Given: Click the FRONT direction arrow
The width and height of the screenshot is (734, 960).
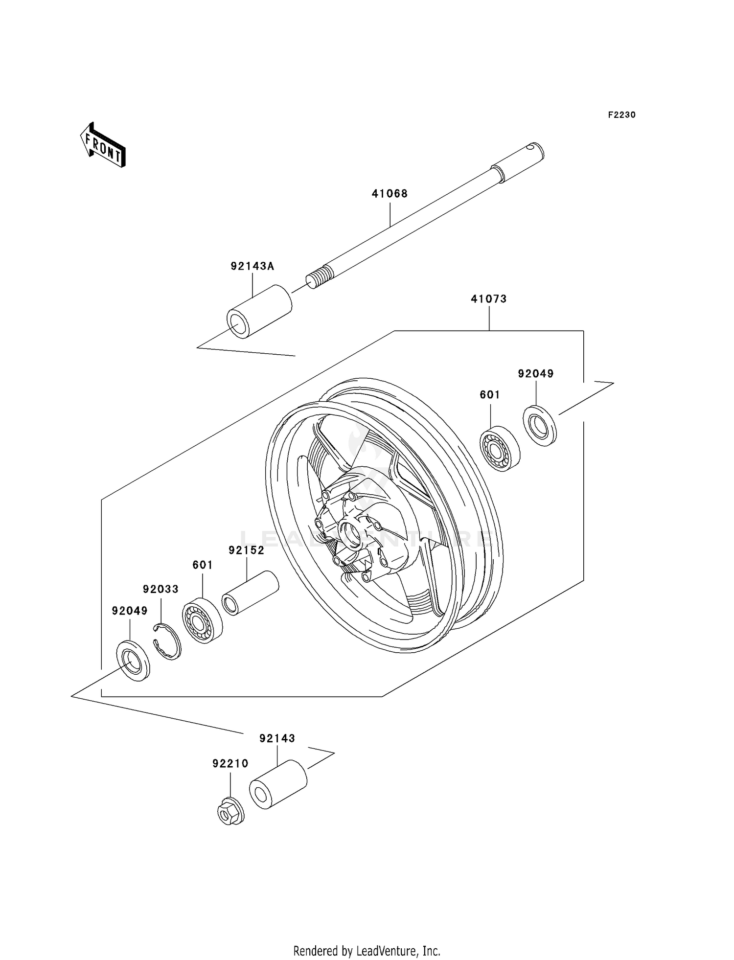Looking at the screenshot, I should coord(103,145).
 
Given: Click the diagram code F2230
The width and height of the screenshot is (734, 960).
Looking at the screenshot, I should coord(621,115).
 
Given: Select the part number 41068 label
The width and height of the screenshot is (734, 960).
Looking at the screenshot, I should coord(390,194).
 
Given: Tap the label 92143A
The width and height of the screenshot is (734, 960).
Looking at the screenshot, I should coord(252,266).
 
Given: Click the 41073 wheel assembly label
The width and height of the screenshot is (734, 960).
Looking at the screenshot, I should coord(488,299).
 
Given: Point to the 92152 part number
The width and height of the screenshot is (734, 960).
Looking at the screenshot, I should coord(246,550).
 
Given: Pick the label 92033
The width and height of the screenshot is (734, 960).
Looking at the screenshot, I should coord(161,589).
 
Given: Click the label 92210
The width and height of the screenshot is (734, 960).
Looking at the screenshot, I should coord(230,764).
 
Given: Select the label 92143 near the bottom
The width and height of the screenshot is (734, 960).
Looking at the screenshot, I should coord(277,738).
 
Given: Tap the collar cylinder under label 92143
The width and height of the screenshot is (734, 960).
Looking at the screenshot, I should coord(278,784).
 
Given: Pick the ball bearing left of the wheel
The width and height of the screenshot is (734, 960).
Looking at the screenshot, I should coord(202,620).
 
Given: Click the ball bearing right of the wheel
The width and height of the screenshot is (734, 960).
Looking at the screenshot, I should coord(499,449).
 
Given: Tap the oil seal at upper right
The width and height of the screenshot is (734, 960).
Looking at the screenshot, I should coord(540,425).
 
